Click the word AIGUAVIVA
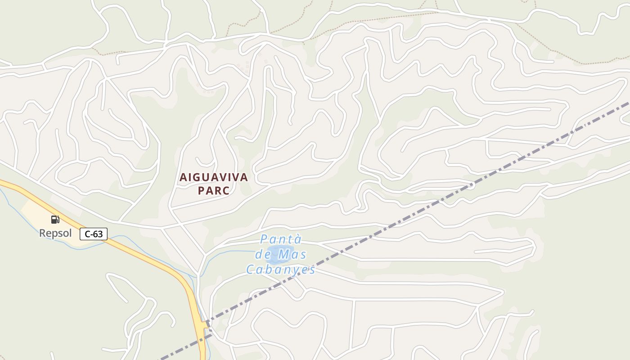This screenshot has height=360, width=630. (214, 177)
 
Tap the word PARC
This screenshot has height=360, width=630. (214, 190)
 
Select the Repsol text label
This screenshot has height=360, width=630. (55, 233)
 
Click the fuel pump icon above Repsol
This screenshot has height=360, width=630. (55, 220)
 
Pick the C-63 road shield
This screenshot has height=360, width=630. (94, 234)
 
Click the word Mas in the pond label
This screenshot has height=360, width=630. (292, 255)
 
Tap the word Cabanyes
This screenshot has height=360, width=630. (280, 270)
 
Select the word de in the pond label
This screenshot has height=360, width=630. (262, 255)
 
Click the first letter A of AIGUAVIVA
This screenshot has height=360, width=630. (183, 177)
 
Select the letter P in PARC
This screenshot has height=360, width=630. (202, 190)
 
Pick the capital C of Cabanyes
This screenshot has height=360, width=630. (250, 270)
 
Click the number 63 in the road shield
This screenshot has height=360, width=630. (99, 234)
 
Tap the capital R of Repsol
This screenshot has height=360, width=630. (42, 233)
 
